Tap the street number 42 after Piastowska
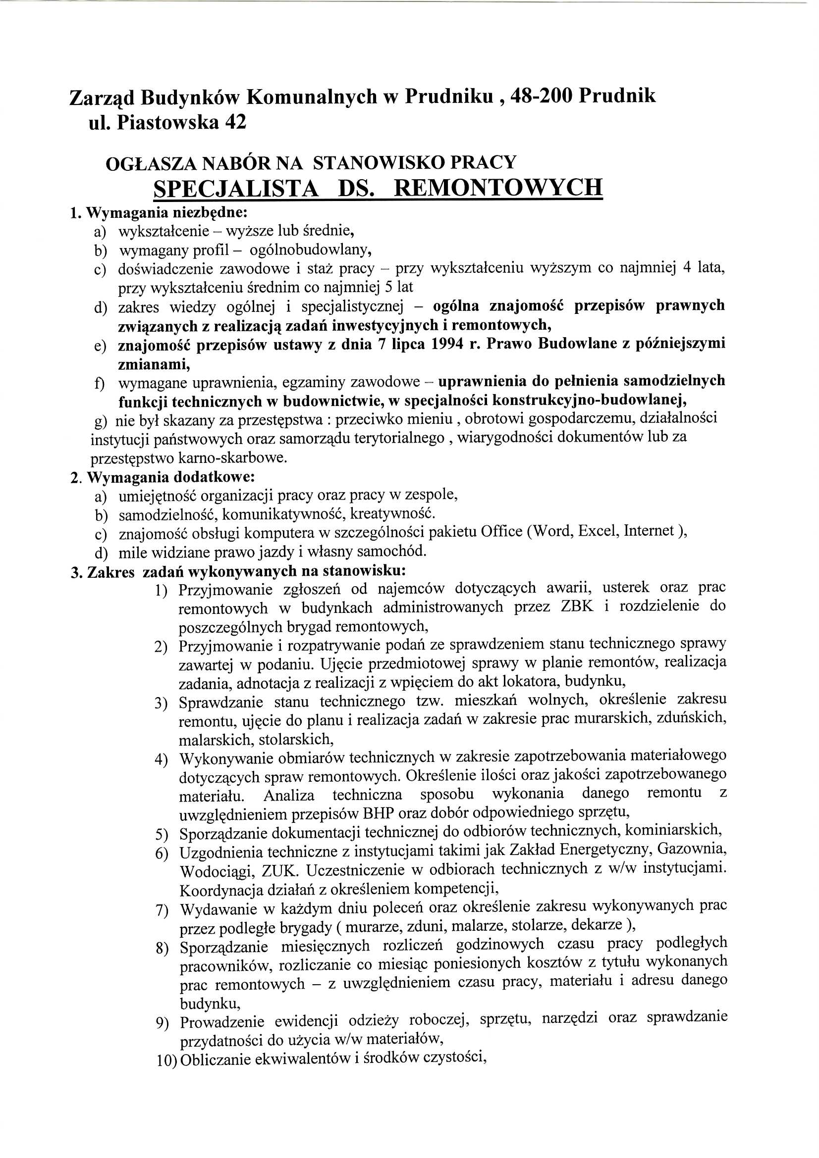click(x=233, y=123)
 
